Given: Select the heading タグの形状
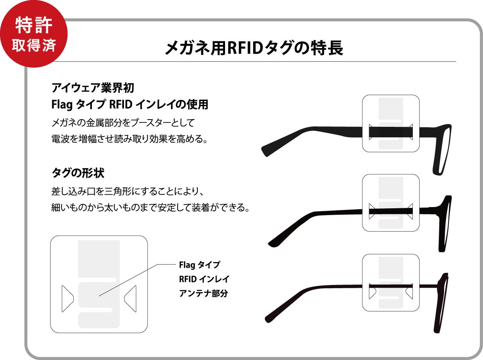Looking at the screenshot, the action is tap(78, 173).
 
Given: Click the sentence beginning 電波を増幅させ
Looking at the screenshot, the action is tap(129, 139).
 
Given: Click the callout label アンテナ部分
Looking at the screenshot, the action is tap(203, 293).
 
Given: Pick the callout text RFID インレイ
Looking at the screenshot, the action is tap(204, 279).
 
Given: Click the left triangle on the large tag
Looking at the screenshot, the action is tap(67, 299).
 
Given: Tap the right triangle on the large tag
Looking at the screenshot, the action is tap(131, 299).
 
